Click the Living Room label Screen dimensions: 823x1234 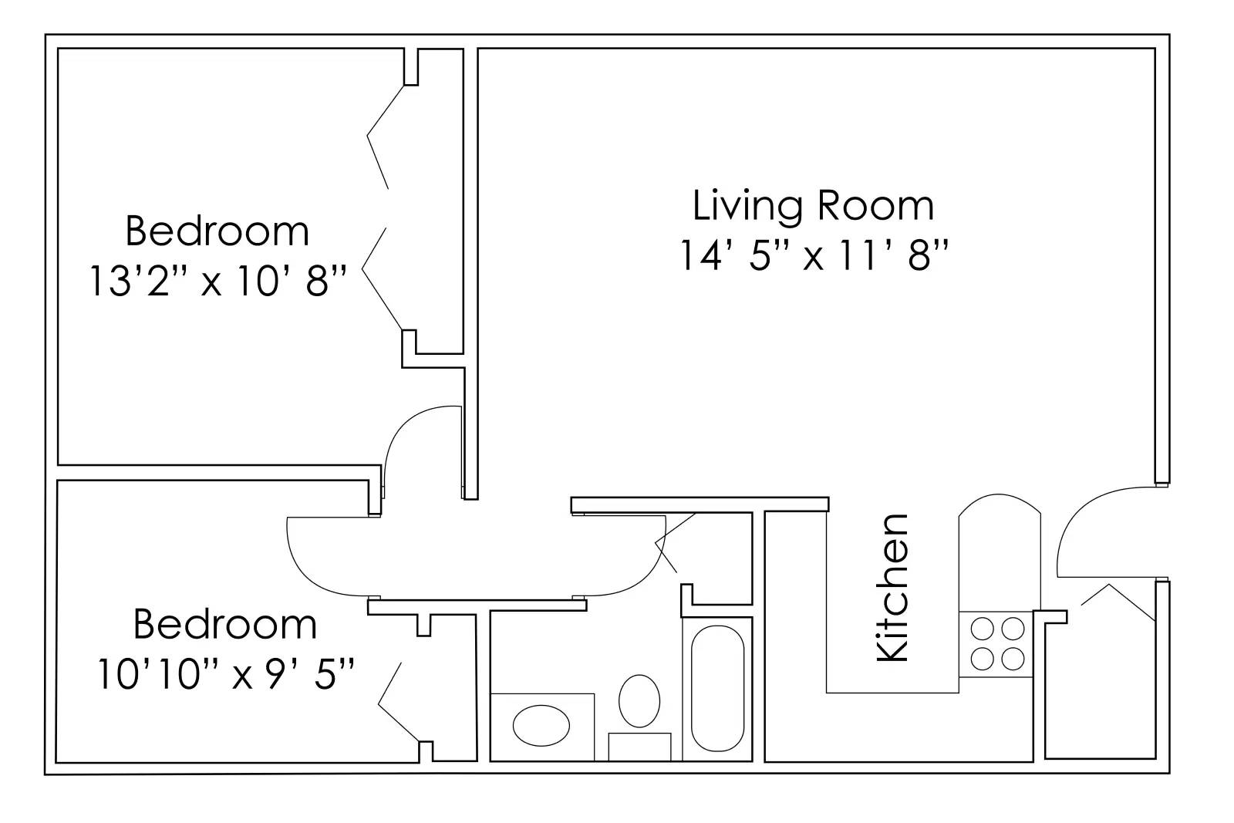tap(813, 206)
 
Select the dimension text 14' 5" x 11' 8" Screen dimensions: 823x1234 tap(813, 255)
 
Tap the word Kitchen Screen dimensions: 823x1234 tap(895, 588)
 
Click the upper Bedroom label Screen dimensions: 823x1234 tap(217, 231)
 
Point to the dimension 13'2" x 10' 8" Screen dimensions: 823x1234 tap(217, 282)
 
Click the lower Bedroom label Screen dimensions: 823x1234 tap(224, 624)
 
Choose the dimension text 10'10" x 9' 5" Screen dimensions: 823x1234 tap(226, 674)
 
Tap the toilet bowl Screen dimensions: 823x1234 tap(639, 700)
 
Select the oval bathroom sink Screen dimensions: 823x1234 tap(541, 726)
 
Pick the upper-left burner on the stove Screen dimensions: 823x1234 tap(983, 629)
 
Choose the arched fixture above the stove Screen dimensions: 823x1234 tap(998, 551)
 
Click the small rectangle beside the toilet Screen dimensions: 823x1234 tap(639, 747)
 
